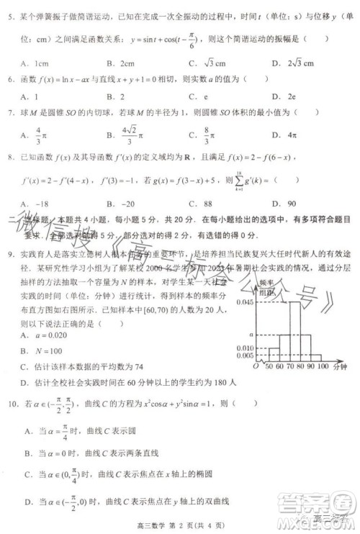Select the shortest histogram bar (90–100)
coord(315,357)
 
